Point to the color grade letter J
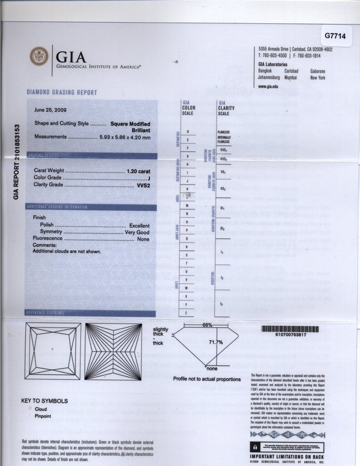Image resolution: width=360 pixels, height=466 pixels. (149, 178)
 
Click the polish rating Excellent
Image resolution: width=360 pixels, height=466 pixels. (139, 225)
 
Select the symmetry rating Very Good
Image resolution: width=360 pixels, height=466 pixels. (137, 232)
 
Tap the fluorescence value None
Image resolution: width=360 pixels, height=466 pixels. (143, 239)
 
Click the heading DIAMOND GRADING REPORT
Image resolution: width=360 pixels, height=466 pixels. (62, 92)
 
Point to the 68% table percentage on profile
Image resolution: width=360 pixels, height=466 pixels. (207, 325)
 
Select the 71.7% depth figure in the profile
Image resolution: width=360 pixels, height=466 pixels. (216, 342)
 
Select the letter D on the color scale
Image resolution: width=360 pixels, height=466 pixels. (187, 132)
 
